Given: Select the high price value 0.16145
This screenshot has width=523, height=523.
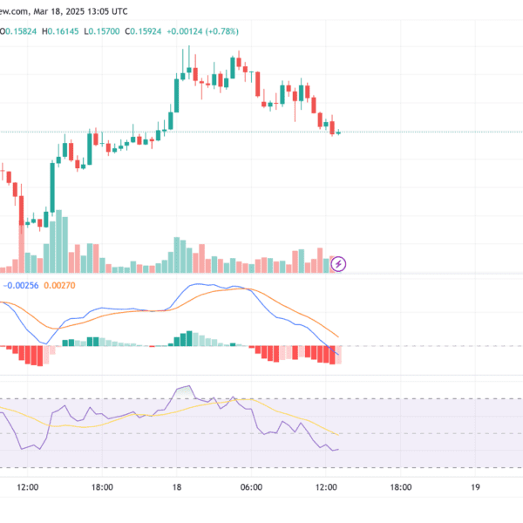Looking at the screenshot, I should click(x=64, y=31).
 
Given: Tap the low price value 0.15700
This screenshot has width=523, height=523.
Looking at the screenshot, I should click(x=105, y=31).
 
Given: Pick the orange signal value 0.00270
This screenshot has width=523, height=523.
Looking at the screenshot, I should click(x=60, y=284).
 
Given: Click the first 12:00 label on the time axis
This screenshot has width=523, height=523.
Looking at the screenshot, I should click(x=28, y=489).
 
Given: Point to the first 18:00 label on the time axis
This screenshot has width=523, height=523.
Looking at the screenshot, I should click(x=103, y=489).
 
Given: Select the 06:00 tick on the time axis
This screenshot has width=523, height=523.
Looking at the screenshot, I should click(x=251, y=489).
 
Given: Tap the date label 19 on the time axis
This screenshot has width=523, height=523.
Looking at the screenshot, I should click(x=475, y=489).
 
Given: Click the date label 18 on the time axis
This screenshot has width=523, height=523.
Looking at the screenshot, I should click(x=177, y=489).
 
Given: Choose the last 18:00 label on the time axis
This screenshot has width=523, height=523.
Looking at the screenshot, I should click(x=401, y=489).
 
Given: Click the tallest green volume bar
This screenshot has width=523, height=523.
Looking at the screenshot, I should click(x=59, y=247).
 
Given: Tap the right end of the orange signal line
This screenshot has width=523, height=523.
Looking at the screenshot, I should click(x=337, y=337).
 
